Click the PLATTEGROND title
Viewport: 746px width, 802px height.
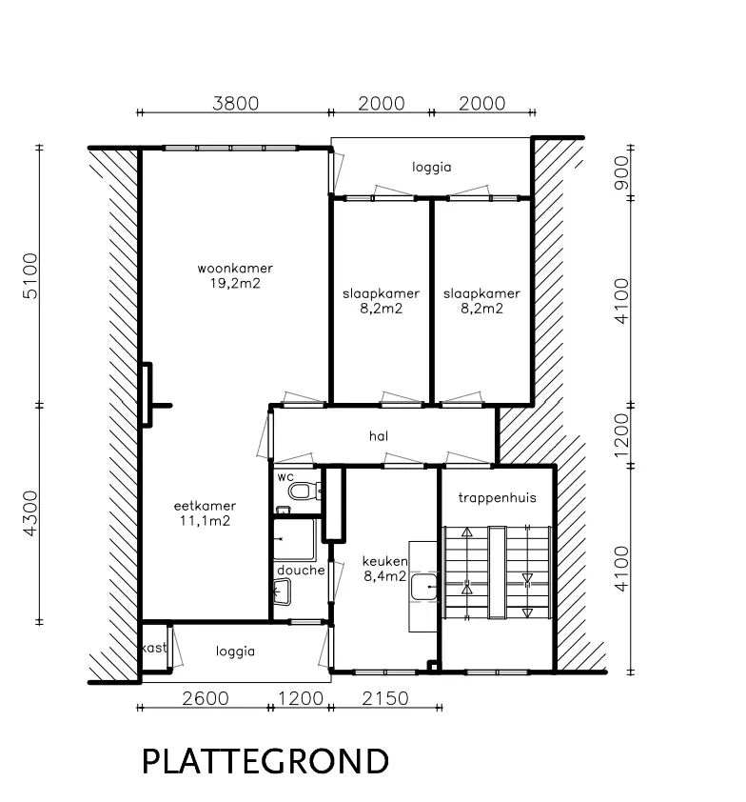click(x=265, y=761)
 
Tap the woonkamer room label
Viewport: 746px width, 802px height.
click(x=235, y=268)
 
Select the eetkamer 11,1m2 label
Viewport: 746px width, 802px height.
click(x=205, y=513)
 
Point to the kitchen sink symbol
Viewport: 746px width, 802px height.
click(x=423, y=587)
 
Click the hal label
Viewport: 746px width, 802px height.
click(x=379, y=436)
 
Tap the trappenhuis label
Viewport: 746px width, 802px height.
click(x=497, y=497)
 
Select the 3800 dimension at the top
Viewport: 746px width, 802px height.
click(x=236, y=103)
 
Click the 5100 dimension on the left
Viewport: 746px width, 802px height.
click(x=30, y=275)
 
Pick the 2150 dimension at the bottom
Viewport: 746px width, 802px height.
click(x=385, y=698)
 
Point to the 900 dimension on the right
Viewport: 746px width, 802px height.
click(x=621, y=173)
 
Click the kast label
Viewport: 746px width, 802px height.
click(x=154, y=648)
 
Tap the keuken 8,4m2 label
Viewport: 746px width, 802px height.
click(x=385, y=569)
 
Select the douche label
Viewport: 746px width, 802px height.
click(x=301, y=570)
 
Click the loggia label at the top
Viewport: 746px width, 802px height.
click(x=432, y=168)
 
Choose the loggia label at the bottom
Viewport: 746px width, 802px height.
click(x=235, y=652)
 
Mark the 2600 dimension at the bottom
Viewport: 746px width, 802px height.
click(x=206, y=698)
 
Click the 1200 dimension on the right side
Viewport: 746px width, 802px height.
click(x=621, y=435)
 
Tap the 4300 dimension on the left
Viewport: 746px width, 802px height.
click(x=30, y=513)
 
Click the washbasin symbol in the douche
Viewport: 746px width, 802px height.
click(x=282, y=591)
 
